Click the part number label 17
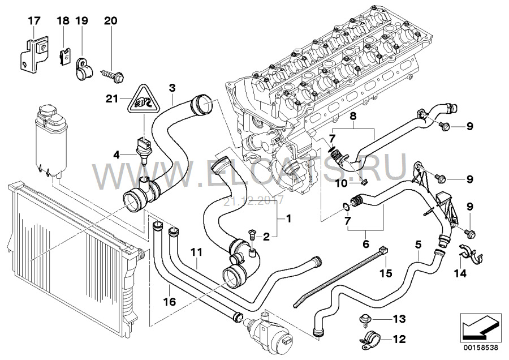point(34,22)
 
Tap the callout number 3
point(172,88)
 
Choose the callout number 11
point(196,251)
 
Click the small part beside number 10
point(364,182)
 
